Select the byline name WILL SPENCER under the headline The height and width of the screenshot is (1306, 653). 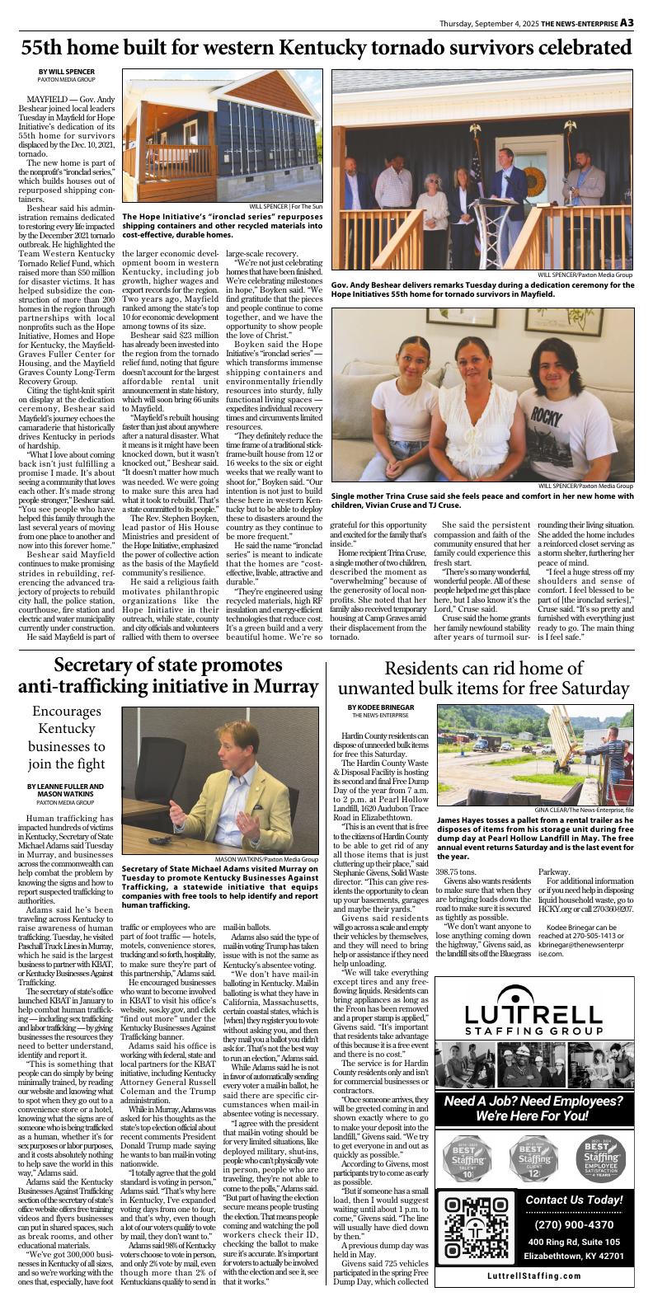(66, 73)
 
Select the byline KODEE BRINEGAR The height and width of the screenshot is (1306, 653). (380, 707)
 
